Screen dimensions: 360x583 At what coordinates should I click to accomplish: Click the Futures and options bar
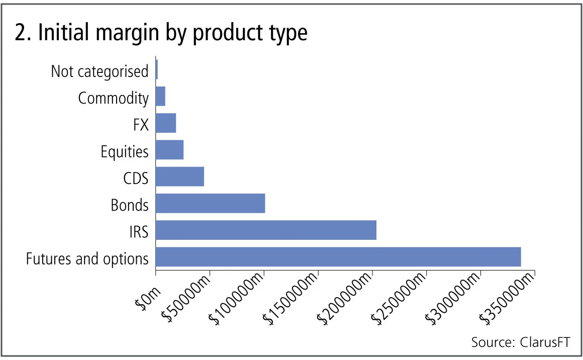point(338,257)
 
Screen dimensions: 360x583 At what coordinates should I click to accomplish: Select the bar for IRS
point(266,230)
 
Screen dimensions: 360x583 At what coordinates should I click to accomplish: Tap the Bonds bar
point(210,203)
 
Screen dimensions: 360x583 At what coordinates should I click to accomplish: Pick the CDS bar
point(180,176)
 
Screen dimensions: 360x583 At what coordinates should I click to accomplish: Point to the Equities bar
point(170,150)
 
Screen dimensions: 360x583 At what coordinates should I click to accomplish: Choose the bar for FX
point(166,123)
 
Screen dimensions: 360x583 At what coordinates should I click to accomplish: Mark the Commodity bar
point(160,96)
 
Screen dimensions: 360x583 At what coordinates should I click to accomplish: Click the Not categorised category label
point(100,71)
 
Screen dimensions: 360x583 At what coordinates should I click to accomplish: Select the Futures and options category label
point(87,259)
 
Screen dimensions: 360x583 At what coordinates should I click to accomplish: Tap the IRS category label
point(138,232)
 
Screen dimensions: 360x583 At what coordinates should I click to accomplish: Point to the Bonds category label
point(130,205)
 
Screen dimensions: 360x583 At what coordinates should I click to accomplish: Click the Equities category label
point(125,151)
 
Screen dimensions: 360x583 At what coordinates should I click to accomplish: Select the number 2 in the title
point(20,33)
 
